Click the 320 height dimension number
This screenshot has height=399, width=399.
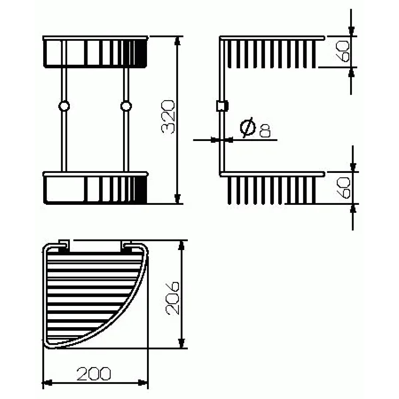(x=168, y=117)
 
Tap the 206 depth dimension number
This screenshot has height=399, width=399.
(x=173, y=299)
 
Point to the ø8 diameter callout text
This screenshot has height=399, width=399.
(x=255, y=128)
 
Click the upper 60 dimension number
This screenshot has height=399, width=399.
(x=343, y=51)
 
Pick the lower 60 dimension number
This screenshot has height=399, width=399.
(x=343, y=188)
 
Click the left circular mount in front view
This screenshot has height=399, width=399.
(x=64, y=106)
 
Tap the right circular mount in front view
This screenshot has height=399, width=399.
(x=126, y=106)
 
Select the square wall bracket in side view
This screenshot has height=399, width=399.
(x=222, y=106)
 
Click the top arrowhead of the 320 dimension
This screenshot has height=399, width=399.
(x=178, y=41)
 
